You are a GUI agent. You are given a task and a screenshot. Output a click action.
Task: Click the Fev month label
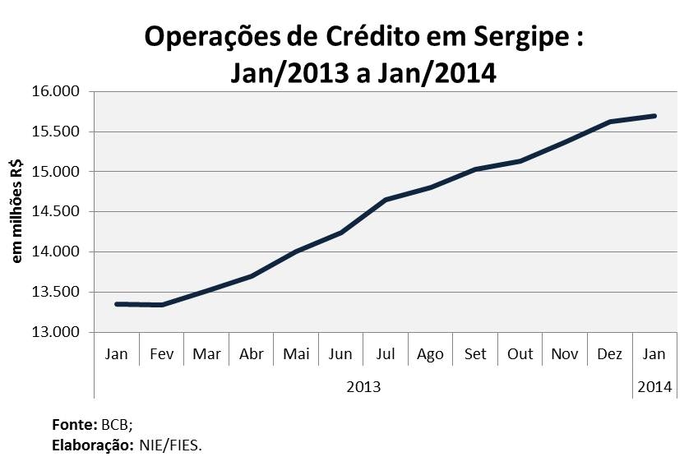click(x=161, y=354)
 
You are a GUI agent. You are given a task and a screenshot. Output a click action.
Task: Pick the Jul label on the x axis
click(x=386, y=354)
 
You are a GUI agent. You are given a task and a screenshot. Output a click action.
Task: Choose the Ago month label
click(x=430, y=354)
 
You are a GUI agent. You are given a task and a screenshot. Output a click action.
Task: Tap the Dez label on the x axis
click(x=609, y=354)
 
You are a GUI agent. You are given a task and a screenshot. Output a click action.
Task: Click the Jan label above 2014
click(x=654, y=354)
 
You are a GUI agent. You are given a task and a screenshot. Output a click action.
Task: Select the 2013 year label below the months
click(x=363, y=385)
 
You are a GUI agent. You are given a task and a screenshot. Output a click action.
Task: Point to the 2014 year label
click(x=654, y=385)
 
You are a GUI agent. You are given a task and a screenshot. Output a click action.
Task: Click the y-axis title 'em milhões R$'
click(x=17, y=212)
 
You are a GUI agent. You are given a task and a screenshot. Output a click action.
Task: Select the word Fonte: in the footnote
click(x=75, y=426)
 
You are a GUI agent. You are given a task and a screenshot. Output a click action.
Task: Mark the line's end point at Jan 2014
click(x=654, y=116)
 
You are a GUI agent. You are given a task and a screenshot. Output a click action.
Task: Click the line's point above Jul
click(x=386, y=200)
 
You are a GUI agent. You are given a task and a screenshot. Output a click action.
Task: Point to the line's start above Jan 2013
click(x=117, y=304)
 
